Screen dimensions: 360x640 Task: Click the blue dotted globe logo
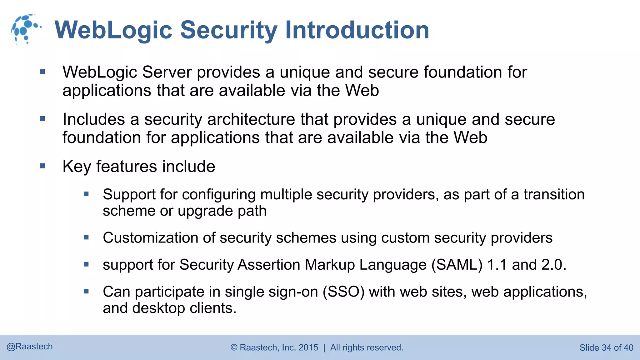click(x=26, y=29)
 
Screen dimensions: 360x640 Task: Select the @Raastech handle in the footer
click(x=30, y=347)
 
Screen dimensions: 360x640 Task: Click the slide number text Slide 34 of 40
click(x=606, y=347)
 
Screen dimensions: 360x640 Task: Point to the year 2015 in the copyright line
click(x=308, y=347)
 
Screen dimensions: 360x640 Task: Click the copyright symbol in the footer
click(x=234, y=347)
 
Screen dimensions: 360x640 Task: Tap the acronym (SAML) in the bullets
click(x=457, y=265)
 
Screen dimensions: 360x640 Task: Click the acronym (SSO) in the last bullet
click(x=343, y=292)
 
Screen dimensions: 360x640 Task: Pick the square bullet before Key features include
click(x=42, y=166)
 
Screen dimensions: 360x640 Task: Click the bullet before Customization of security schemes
click(x=87, y=237)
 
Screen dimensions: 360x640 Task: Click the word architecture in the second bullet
click(x=251, y=119)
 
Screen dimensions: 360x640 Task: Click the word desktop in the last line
click(x=159, y=308)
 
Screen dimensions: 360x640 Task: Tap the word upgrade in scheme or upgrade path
click(x=205, y=211)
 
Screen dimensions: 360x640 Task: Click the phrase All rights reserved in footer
click(x=367, y=347)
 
